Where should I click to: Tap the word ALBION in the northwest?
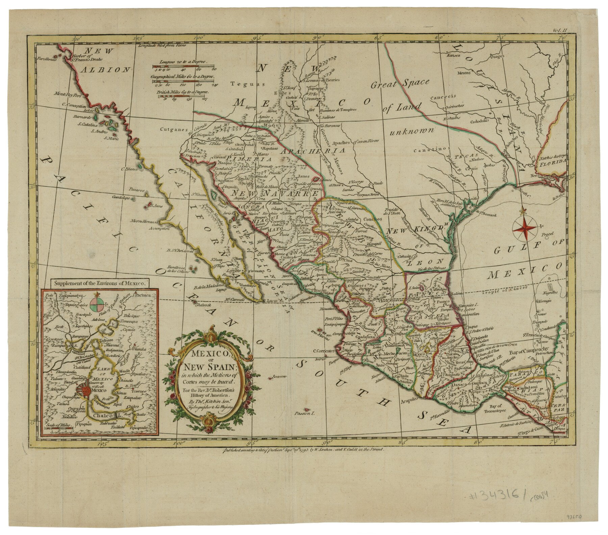100,70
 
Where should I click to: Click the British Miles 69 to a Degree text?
182,92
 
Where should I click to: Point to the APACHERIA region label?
311,151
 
